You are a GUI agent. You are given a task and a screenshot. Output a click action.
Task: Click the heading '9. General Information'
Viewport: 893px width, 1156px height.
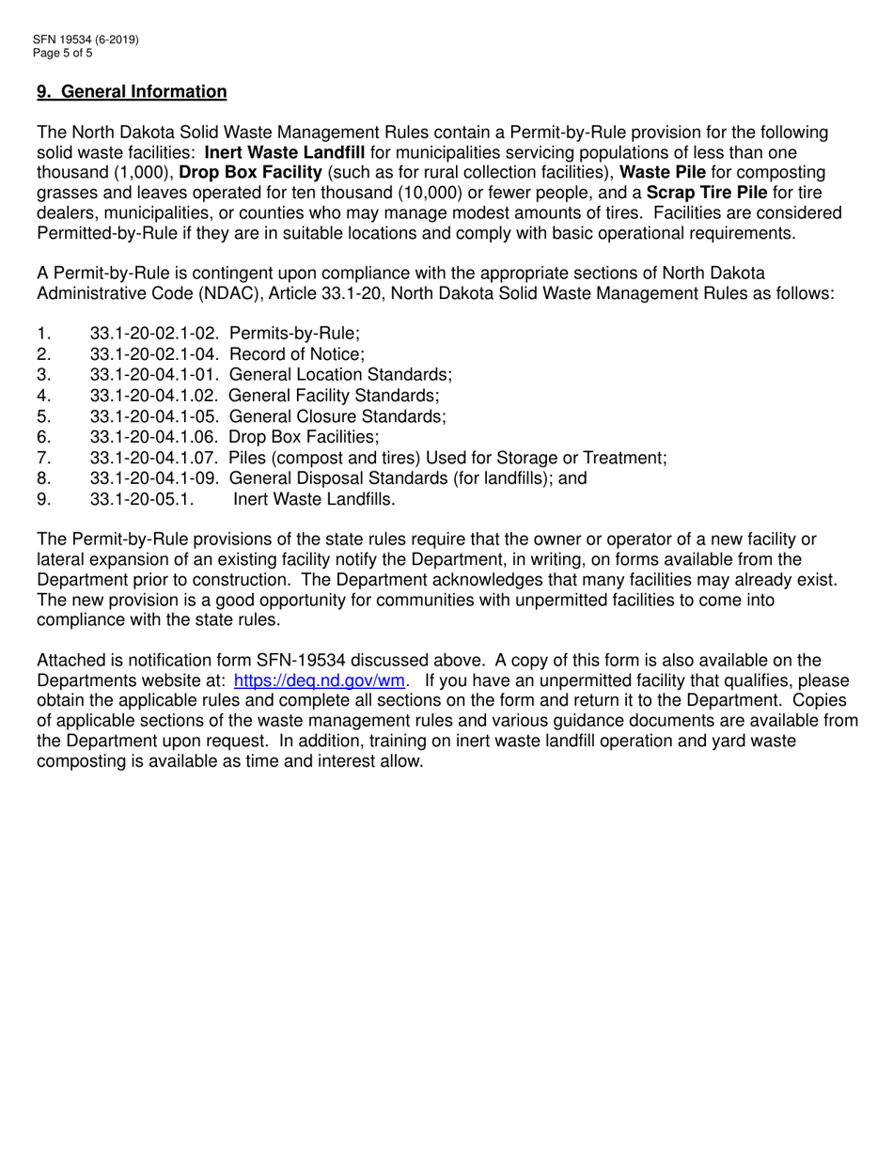point(132,92)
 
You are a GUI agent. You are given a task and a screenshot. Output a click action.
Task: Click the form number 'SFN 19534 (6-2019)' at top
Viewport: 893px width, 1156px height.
point(86,40)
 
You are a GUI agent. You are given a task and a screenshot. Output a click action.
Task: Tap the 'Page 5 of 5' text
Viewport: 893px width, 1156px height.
point(63,54)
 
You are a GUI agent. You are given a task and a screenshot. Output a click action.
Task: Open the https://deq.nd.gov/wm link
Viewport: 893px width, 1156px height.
point(319,680)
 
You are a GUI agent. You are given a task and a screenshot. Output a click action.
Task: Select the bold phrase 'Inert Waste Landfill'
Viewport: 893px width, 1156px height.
point(285,152)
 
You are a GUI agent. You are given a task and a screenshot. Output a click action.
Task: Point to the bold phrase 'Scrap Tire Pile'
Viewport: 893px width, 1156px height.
point(707,194)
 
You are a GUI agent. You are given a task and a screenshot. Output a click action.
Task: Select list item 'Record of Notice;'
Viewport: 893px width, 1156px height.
point(297,354)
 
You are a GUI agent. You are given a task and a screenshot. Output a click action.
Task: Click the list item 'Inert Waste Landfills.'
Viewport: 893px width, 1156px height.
point(314,499)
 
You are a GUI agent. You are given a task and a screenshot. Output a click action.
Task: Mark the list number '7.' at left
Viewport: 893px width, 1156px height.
point(43,458)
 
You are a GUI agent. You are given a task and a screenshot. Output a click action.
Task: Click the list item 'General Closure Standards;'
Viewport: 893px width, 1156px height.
point(337,416)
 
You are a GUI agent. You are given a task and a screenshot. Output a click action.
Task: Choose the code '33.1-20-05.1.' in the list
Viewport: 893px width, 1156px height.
point(142,499)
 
